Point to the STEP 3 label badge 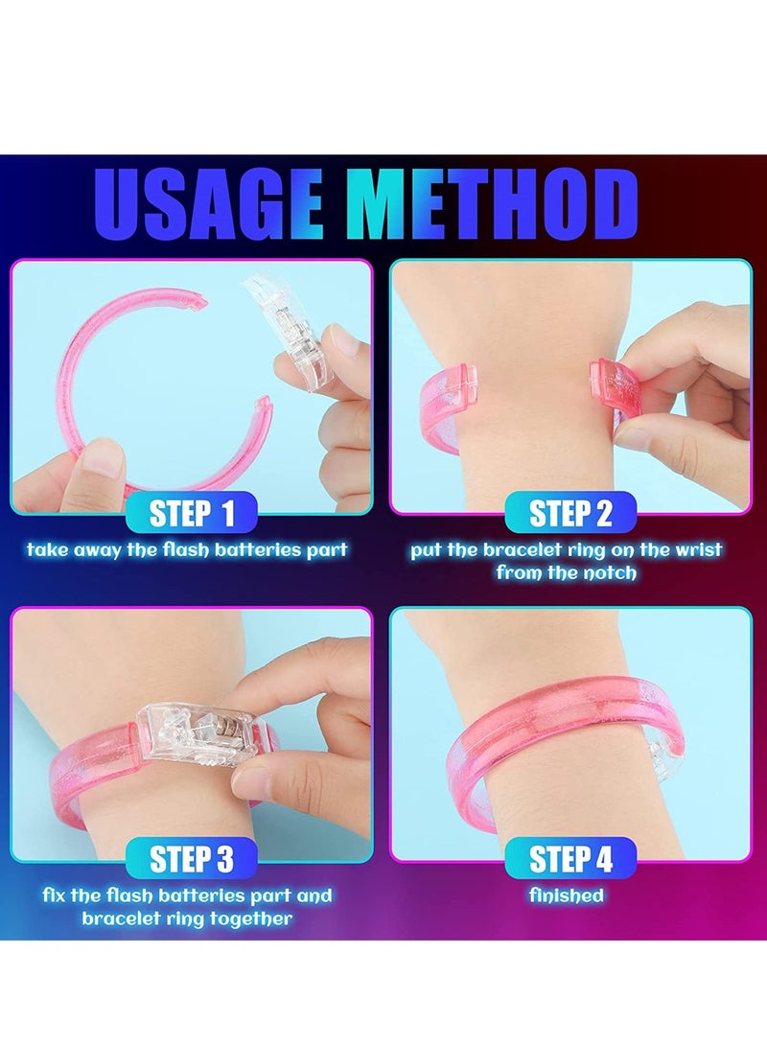(x=192, y=858)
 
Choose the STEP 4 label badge (x=570, y=858)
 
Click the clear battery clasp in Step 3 (x=192, y=733)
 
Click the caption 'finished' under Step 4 (x=567, y=895)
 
